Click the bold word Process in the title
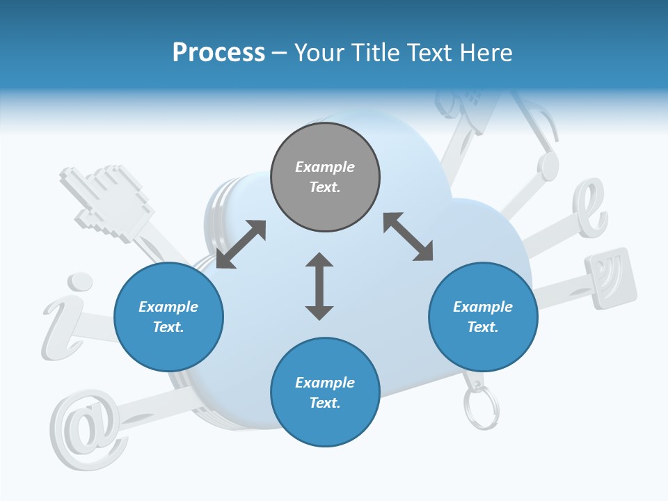(x=218, y=53)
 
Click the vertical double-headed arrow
(x=319, y=287)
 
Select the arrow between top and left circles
(x=241, y=244)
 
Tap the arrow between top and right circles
(x=408, y=237)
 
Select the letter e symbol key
(x=590, y=207)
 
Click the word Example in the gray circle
(x=325, y=167)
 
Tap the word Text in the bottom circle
(x=324, y=403)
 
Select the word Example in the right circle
(x=483, y=307)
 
